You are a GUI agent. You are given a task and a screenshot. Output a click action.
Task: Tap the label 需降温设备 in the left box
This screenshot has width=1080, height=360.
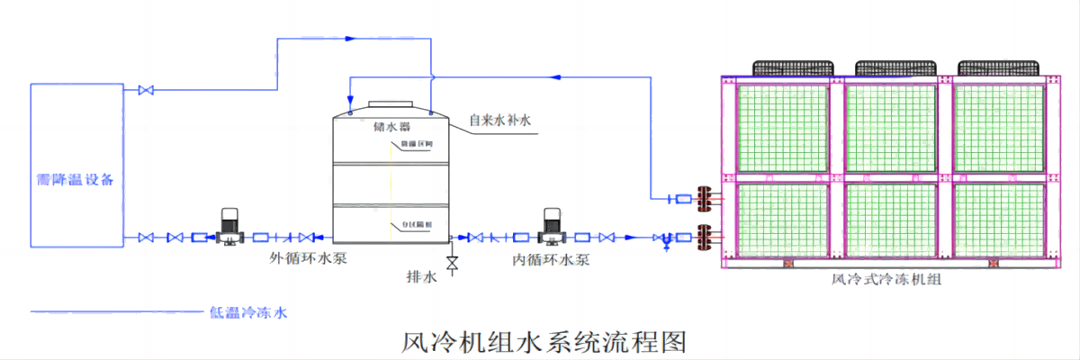[76, 178]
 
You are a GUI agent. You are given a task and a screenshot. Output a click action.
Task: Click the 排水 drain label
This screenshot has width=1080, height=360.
[422, 277]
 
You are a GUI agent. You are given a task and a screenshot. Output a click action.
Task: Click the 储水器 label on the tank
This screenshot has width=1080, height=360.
[391, 125]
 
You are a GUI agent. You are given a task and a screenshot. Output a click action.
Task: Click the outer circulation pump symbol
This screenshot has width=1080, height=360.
[227, 228]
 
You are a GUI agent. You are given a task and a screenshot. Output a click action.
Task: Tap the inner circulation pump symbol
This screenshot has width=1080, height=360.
[552, 228]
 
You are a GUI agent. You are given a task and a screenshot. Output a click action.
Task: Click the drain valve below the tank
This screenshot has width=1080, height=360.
[451, 263]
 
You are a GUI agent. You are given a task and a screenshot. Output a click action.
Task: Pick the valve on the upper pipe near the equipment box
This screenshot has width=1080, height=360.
[145, 90]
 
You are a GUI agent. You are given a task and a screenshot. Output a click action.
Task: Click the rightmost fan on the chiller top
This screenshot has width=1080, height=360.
[997, 68]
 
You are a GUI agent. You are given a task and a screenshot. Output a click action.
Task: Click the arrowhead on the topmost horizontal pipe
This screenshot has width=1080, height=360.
[351, 39]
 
